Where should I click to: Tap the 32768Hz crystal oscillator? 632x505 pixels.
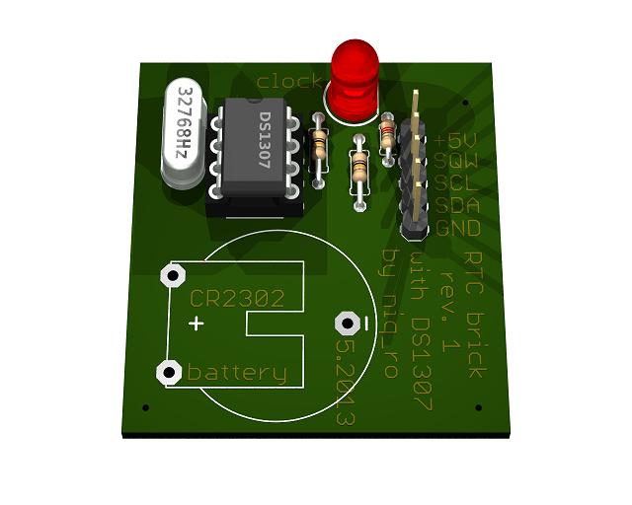[184, 133]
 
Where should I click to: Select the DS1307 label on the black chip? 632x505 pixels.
[265, 143]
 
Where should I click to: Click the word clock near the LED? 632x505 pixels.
[288, 81]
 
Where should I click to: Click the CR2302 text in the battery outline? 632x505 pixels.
[237, 298]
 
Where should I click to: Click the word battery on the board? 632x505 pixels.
[237, 373]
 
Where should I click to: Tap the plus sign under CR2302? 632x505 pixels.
[197, 324]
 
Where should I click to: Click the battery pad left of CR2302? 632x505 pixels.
[174, 274]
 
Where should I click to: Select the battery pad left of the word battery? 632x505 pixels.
[169, 372]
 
